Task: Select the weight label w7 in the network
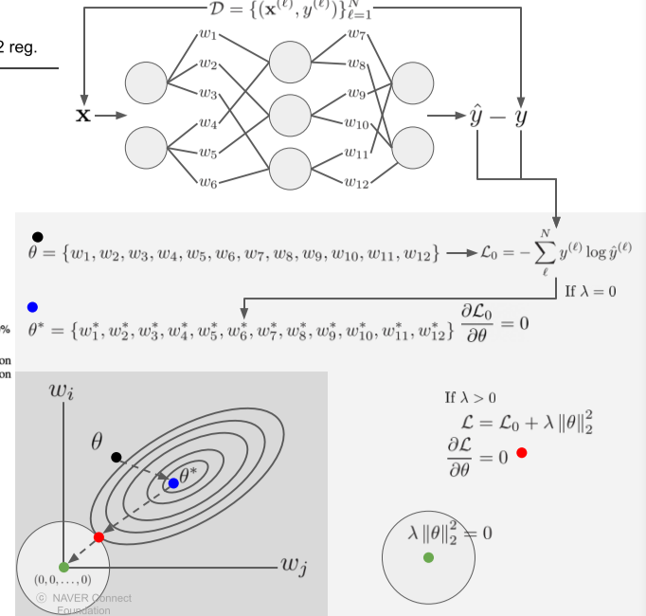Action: pyautogui.click(x=357, y=37)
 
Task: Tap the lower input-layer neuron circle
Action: pyautogui.click(x=147, y=148)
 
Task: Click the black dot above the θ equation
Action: pyautogui.click(x=37, y=236)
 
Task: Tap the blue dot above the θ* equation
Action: pyautogui.click(x=32, y=307)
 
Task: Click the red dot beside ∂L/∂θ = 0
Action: pyautogui.click(x=521, y=453)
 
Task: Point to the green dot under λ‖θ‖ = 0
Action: pyautogui.click(x=429, y=557)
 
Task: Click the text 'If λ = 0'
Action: pyautogui.click(x=590, y=291)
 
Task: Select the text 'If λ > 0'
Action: pyautogui.click(x=470, y=398)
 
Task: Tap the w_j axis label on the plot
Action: pyautogui.click(x=296, y=566)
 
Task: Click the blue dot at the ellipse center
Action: pyautogui.click(x=173, y=483)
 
